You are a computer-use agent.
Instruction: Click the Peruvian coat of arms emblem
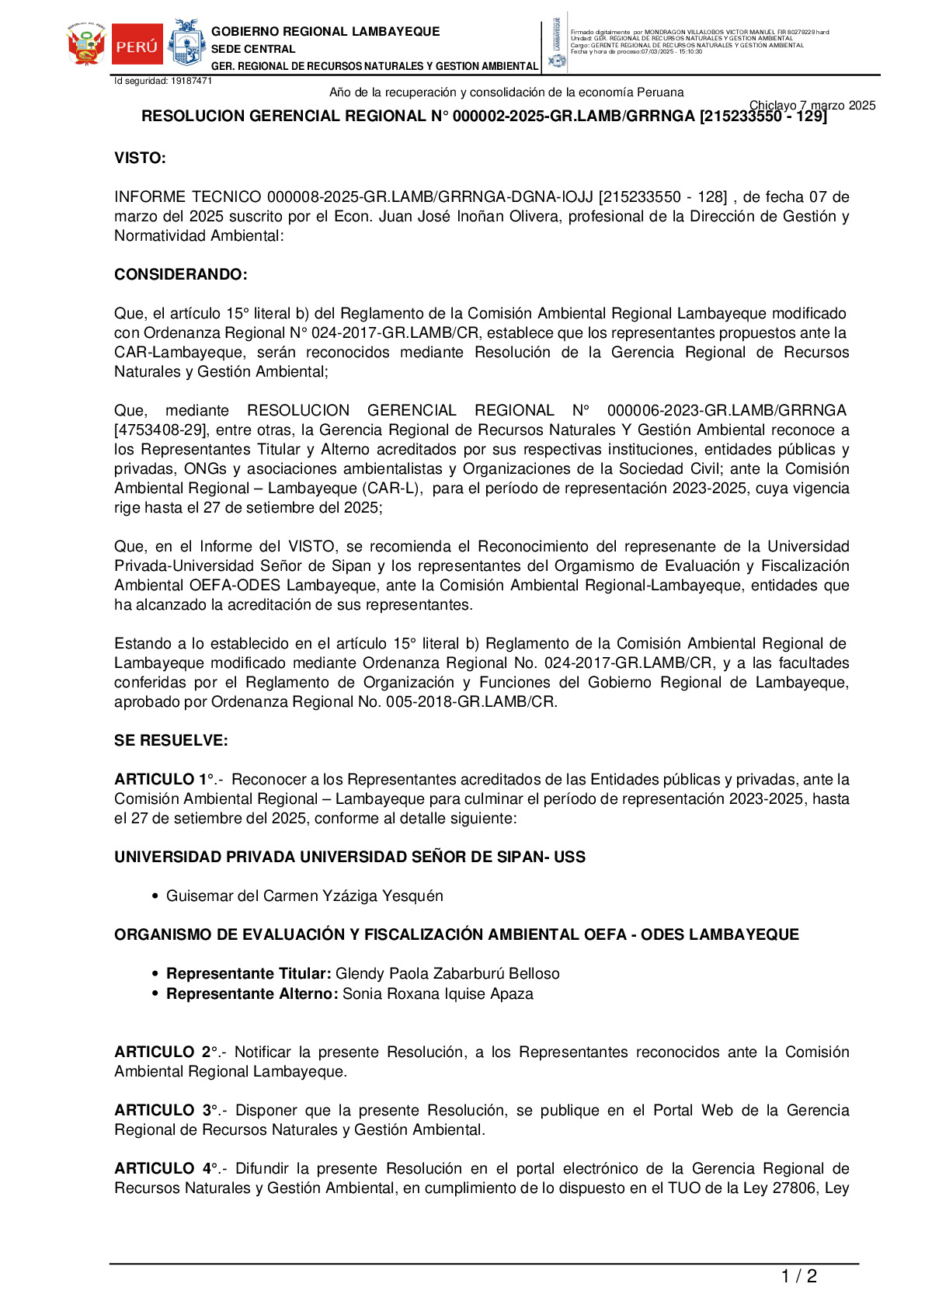pos(86,44)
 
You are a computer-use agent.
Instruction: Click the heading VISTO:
pos(140,158)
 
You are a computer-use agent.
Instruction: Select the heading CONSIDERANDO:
pos(181,275)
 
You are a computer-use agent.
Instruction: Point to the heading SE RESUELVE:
pos(171,741)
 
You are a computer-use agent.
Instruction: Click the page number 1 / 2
pos(798,1276)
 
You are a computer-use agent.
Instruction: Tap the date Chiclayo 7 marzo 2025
pos(812,106)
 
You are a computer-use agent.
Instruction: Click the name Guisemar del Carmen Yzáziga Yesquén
pos(304,896)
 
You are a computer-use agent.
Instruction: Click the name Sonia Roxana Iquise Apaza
pos(438,994)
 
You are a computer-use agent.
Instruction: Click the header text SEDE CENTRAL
pos(253,49)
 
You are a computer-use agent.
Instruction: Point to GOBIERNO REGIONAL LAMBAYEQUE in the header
pos(325,32)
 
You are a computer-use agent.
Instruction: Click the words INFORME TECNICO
pos(187,197)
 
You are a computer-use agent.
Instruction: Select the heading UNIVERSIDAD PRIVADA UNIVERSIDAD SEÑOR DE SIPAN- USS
pos(349,858)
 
